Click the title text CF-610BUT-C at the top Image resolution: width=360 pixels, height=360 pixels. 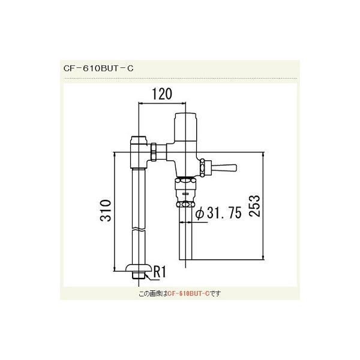(x=98, y=68)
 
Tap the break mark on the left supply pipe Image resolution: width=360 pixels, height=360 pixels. (x=139, y=230)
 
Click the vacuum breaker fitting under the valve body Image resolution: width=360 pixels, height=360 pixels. (x=186, y=191)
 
